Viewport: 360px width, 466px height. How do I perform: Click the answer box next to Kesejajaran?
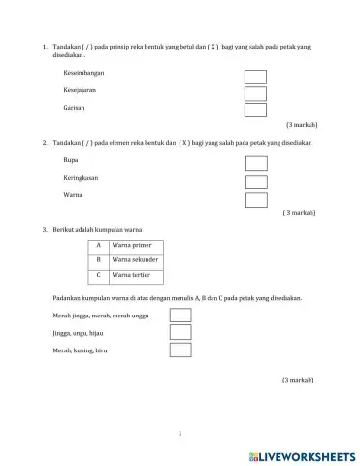[255, 94]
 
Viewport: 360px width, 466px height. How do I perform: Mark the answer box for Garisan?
[255, 110]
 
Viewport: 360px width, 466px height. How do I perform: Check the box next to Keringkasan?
[256, 182]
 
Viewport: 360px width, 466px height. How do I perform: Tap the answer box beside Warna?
[256, 199]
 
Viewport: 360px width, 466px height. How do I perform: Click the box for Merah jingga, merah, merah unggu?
[180, 316]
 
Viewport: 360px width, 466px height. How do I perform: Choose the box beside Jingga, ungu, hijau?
[180, 332]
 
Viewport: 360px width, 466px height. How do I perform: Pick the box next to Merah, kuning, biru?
[180, 349]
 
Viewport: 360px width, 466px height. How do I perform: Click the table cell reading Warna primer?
[134, 246]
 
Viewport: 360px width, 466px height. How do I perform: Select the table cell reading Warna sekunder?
[134, 260]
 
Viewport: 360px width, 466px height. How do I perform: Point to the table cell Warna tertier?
[134, 275]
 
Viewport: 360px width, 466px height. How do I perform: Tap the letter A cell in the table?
[98, 246]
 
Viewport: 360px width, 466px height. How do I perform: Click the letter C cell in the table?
[98, 275]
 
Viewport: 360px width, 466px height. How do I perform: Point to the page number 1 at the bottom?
[180, 432]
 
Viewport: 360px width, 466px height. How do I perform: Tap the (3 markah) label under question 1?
[302, 125]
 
